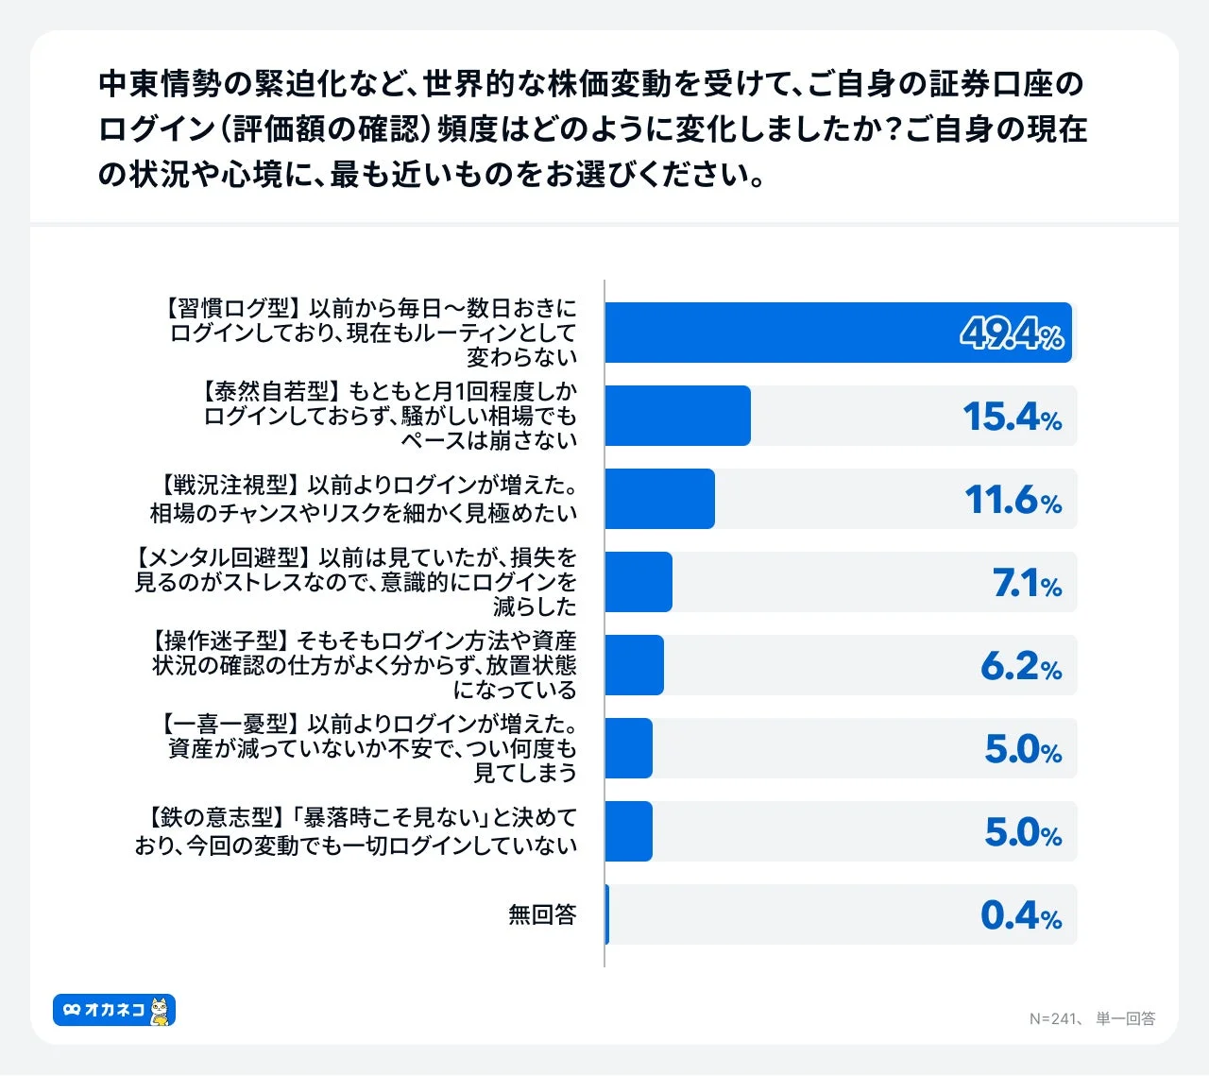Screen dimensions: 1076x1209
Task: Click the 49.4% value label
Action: [1012, 333]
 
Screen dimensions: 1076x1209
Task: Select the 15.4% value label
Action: [1012, 417]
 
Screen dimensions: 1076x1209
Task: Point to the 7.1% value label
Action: [1027, 583]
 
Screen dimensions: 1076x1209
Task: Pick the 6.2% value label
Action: [1021, 666]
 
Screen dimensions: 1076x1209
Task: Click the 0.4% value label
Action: [1021, 915]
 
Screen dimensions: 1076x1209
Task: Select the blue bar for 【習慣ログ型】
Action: [838, 333]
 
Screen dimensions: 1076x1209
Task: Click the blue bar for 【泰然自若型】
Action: [677, 416]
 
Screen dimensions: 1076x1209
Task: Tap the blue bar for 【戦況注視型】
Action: [659, 499]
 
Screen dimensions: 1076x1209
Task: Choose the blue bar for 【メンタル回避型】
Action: [639, 582]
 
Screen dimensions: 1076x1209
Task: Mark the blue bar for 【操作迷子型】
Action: [634, 665]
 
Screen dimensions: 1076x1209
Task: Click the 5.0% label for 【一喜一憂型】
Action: [1023, 749]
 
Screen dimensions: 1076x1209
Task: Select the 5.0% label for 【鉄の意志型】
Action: [1023, 832]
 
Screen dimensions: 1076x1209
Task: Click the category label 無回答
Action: [542, 914]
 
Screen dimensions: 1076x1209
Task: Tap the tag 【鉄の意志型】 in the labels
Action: [210, 817]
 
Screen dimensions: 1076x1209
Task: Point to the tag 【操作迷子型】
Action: [219, 641]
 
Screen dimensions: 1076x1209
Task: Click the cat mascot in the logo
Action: [162, 1011]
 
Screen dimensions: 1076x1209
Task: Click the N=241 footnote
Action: [1053, 1018]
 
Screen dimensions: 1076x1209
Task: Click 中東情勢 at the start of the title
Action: [160, 84]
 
